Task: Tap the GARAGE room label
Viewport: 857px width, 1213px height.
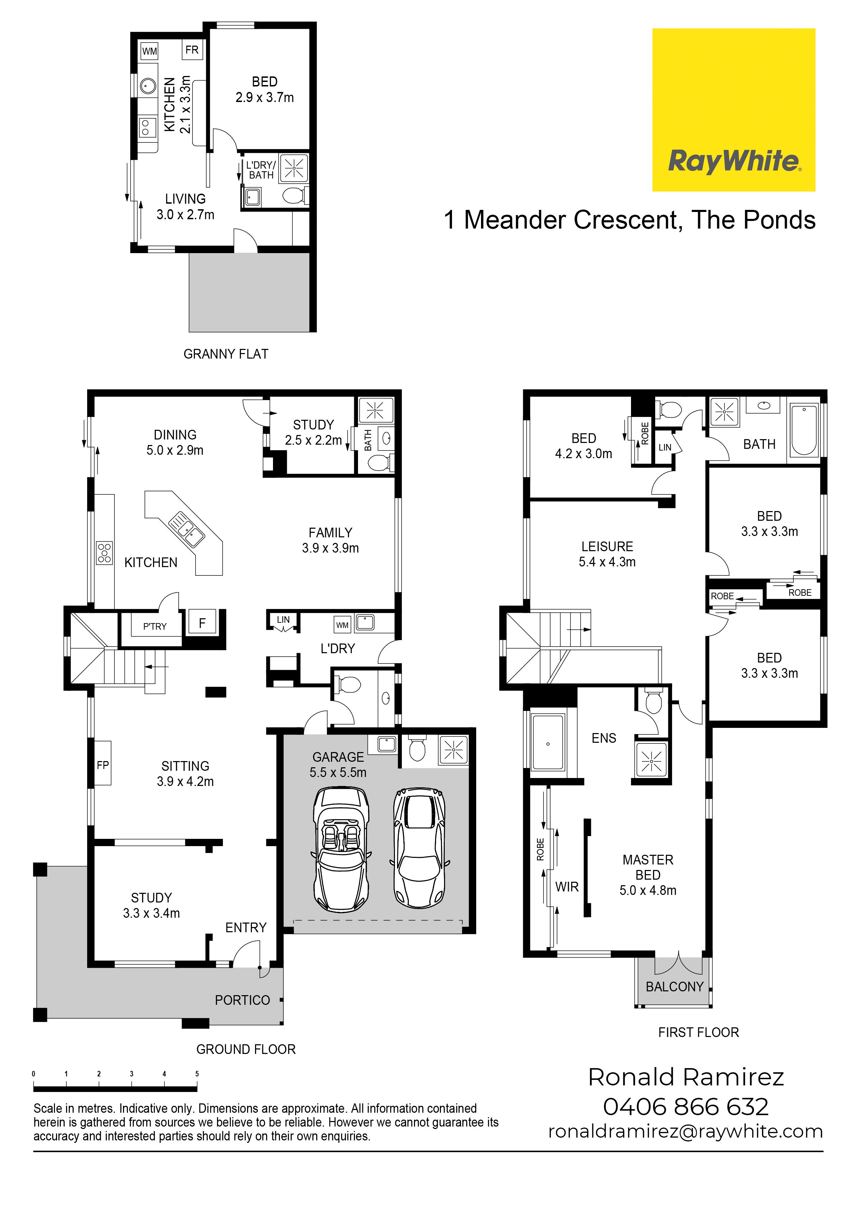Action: (x=338, y=757)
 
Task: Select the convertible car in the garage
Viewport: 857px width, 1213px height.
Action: (x=341, y=849)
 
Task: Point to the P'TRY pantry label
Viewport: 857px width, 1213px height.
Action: (x=155, y=627)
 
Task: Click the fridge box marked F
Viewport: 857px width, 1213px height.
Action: (x=202, y=623)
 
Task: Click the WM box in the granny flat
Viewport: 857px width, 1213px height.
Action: (x=149, y=51)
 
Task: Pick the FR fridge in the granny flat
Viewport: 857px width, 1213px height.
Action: (x=192, y=50)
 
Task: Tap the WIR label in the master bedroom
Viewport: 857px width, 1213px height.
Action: (x=567, y=887)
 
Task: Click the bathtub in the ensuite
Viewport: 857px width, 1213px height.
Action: (x=548, y=742)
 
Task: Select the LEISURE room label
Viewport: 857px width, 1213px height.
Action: (x=607, y=546)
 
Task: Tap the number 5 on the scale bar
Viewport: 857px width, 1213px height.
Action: (x=197, y=1074)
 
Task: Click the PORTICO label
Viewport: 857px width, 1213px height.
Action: (x=242, y=1000)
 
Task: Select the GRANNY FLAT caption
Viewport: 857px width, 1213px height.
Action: (x=226, y=354)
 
